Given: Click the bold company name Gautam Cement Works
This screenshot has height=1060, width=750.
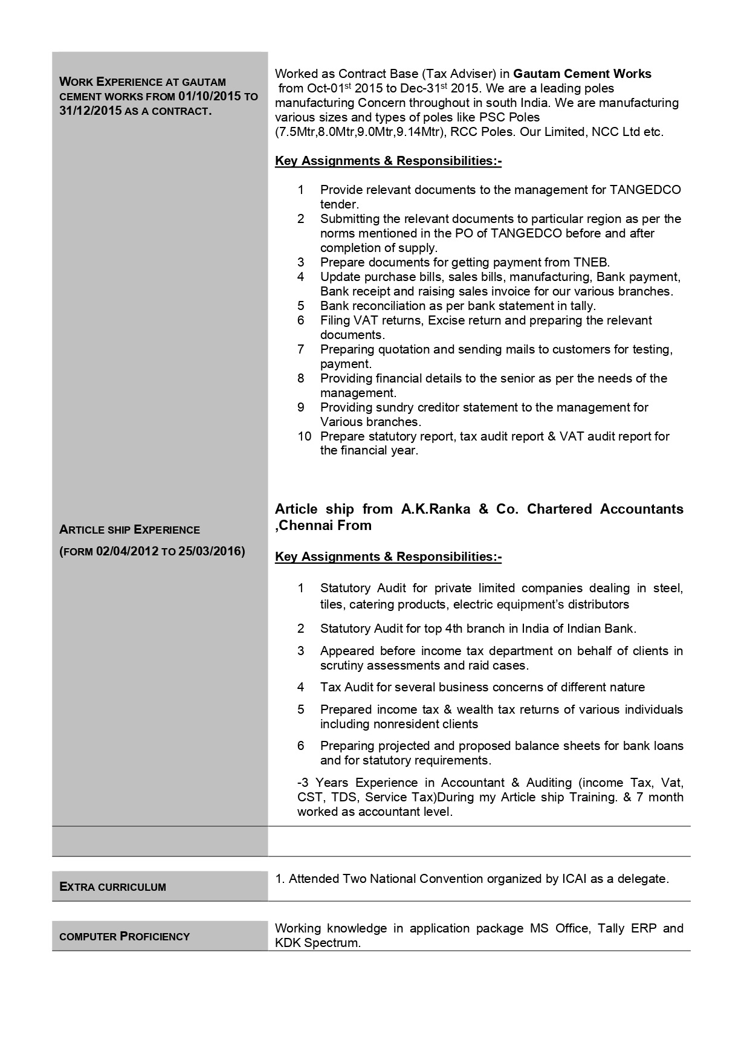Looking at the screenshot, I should click(582, 74).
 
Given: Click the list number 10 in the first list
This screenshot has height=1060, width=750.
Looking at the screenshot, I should click(304, 436).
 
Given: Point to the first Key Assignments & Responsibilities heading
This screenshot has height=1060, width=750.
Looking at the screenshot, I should click(388, 161).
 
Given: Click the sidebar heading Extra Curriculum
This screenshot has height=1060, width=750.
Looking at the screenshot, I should click(112, 887).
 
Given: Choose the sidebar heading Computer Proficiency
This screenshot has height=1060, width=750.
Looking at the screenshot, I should click(124, 937).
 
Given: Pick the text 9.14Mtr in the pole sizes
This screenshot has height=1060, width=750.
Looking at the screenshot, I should click(416, 132).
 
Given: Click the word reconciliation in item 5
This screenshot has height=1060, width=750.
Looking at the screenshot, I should click(393, 306).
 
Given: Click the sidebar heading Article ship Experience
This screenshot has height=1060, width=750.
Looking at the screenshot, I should click(129, 530).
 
